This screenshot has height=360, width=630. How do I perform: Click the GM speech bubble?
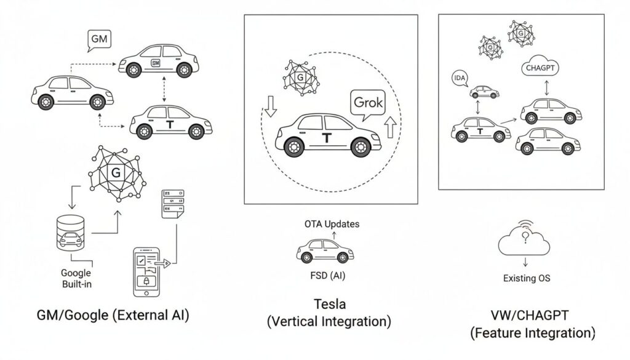pyautogui.click(x=98, y=39)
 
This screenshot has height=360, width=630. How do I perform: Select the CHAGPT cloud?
pyautogui.click(x=540, y=69)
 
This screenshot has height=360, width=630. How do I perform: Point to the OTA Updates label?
pyautogui.click(x=332, y=224)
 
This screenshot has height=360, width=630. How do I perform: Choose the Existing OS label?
pyautogui.click(x=527, y=278)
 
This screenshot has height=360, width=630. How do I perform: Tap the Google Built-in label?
pyautogui.click(x=76, y=278)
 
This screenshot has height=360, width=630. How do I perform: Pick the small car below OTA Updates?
pyautogui.click(x=325, y=250)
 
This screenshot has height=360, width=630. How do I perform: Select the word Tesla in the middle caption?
pyautogui.click(x=330, y=304)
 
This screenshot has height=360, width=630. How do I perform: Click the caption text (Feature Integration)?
pyautogui.click(x=533, y=334)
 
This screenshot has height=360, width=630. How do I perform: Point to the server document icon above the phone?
pyautogui.click(x=172, y=203)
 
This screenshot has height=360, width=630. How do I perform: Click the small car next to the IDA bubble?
pyautogui.click(x=484, y=92)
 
